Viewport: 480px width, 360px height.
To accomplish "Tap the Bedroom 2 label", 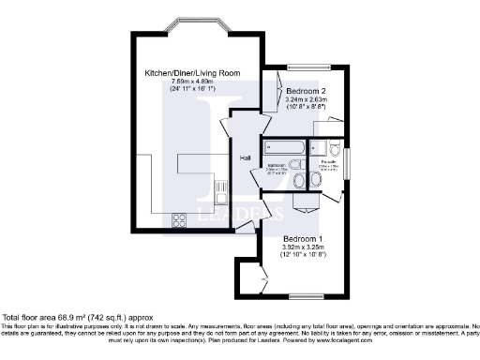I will (x=306, y=91).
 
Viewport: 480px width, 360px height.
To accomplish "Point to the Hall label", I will (x=245, y=157).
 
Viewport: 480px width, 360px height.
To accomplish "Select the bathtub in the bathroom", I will (x=284, y=146).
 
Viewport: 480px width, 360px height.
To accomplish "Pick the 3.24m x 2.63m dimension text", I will (x=306, y=99).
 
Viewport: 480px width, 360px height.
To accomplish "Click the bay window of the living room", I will (x=195, y=23).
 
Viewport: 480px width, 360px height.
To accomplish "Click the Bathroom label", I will (x=277, y=165).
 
